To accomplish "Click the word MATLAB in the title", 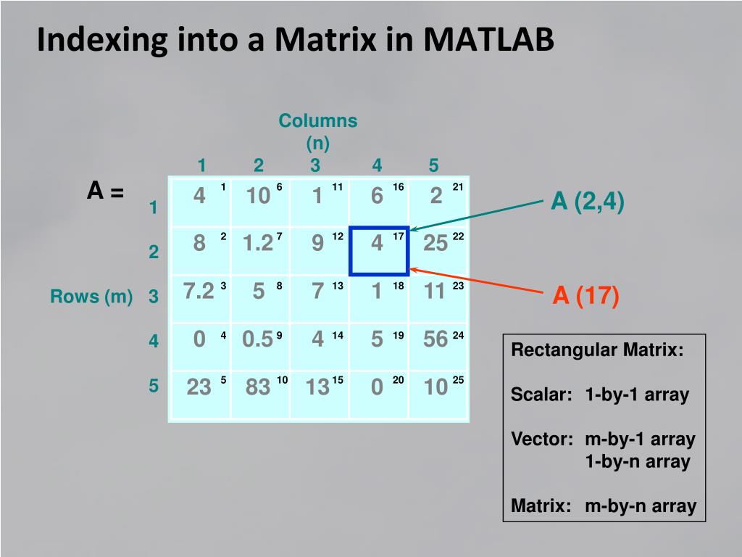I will pyautogui.click(x=489, y=41).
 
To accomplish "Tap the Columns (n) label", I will pyautogui.click(x=318, y=131).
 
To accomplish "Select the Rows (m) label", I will pyautogui.click(x=91, y=297).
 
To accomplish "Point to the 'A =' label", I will pyautogui.click(x=106, y=191).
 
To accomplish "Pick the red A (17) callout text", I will pyautogui.click(x=585, y=296).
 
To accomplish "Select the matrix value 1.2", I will pyautogui.click(x=258, y=244).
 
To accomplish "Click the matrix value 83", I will pyautogui.click(x=258, y=387).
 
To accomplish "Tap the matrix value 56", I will pyautogui.click(x=435, y=339).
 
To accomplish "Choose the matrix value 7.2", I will pyautogui.click(x=199, y=292).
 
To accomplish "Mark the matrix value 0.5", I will pyautogui.click(x=257, y=339).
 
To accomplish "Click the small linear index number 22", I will pyautogui.click(x=458, y=236).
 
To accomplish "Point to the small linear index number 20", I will pyautogui.click(x=398, y=380).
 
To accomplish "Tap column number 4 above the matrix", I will pyautogui.click(x=377, y=165).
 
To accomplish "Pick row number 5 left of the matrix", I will pyautogui.click(x=154, y=386).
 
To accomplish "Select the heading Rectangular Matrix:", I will pyautogui.click(x=598, y=351).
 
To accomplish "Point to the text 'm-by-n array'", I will pyautogui.click(x=641, y=506).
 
